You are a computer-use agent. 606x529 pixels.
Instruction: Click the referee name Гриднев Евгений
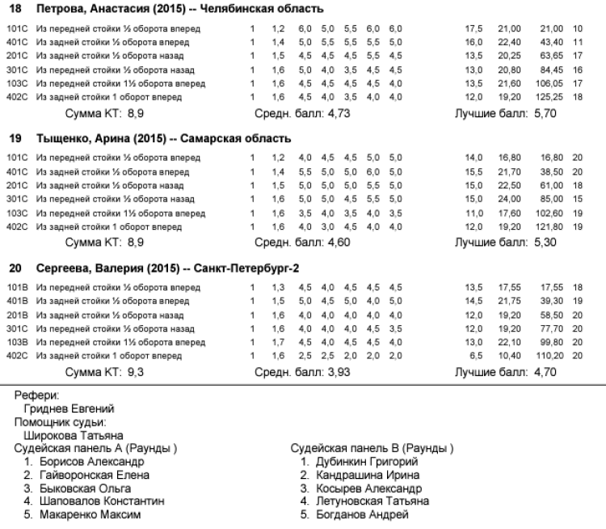[68, 409]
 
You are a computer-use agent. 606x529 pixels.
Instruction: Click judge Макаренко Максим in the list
[83, 514]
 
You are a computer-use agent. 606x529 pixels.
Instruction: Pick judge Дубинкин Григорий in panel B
[359, 462]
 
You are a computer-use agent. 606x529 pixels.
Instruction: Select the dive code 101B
[16, 286]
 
